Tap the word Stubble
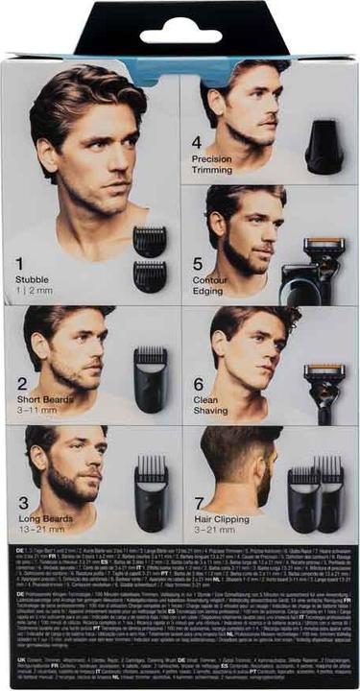[34, 278]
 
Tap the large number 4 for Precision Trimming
[197, 142]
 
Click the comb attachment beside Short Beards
[151, 375]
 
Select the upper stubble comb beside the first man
[149, 241]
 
